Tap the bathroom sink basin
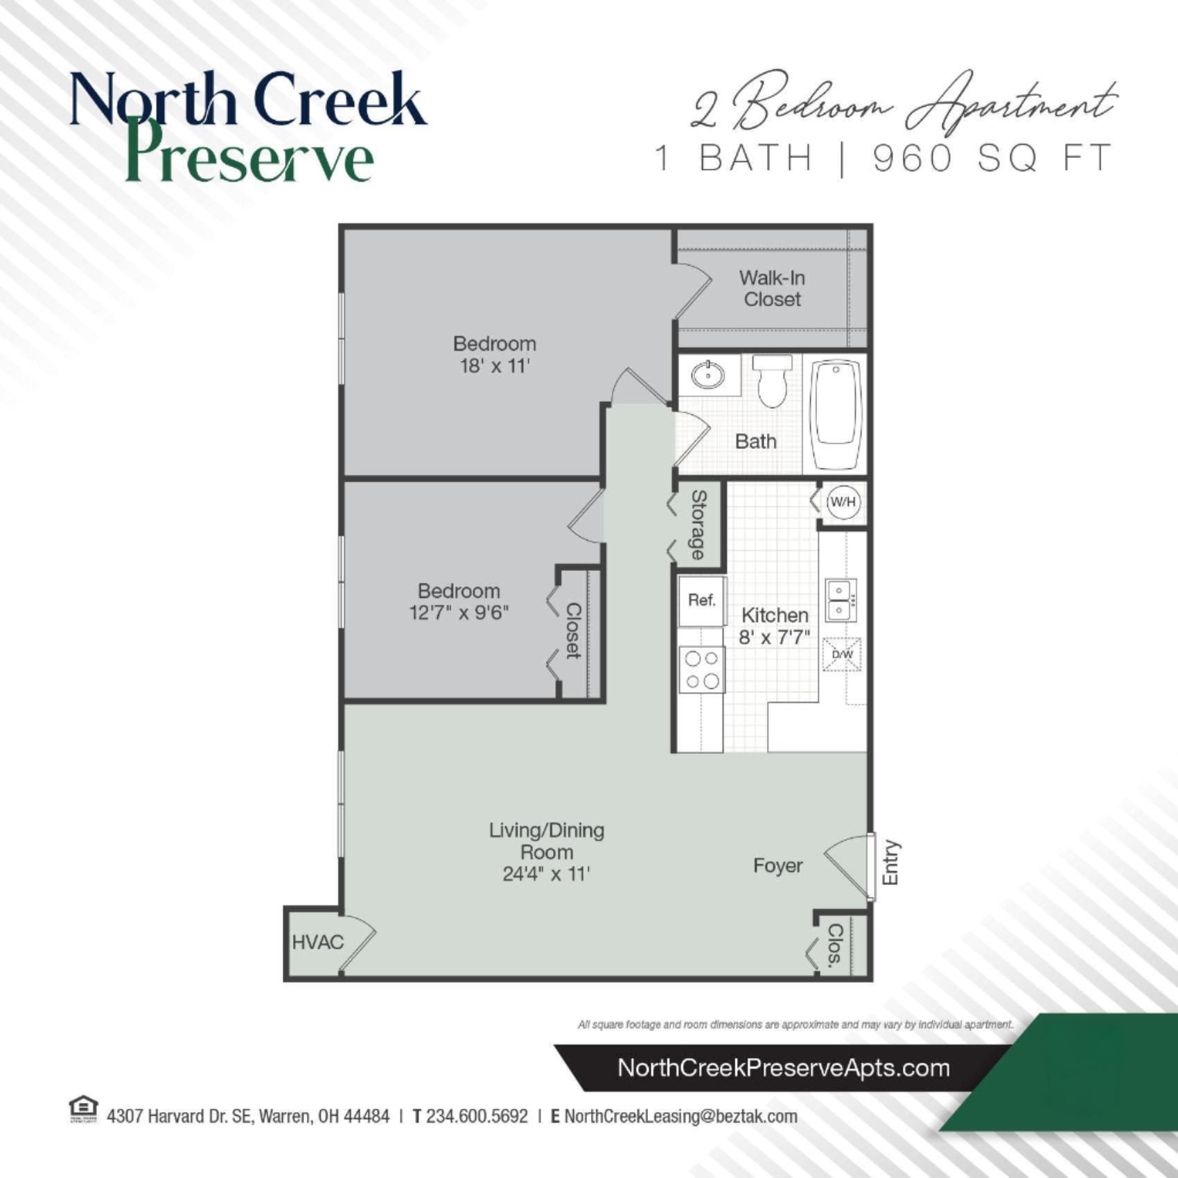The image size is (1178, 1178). coord(707,376)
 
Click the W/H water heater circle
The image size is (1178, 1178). coord(843,502)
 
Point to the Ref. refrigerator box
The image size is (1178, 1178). coord(701,601)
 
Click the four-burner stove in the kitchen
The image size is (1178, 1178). coord(701,669)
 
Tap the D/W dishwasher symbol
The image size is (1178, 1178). coord(842,654)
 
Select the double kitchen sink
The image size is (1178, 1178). coord(841,600)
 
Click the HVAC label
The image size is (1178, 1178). coord(317,942)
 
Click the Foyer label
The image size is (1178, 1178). coord(777,865)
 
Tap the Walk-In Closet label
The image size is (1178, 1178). coord(772,288)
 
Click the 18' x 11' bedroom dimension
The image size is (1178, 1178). coord(495,366)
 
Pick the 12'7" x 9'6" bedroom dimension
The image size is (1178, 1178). coord(459,613)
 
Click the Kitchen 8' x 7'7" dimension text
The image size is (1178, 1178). coord(774,637)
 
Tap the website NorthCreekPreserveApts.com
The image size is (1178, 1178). coord(783,1068)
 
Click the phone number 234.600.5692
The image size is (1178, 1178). coord(476,1116)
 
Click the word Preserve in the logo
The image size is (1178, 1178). coord(249,156)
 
